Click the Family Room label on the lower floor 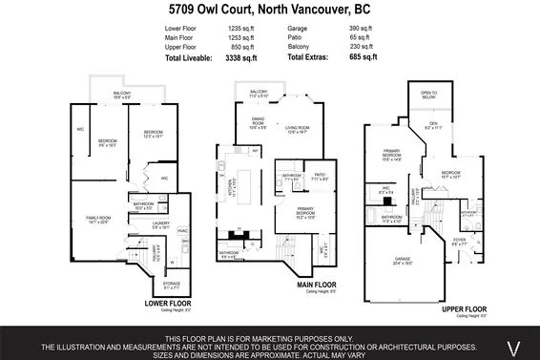coord(99,220)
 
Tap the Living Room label coord(299,129)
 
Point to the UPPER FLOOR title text coord(465,309)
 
